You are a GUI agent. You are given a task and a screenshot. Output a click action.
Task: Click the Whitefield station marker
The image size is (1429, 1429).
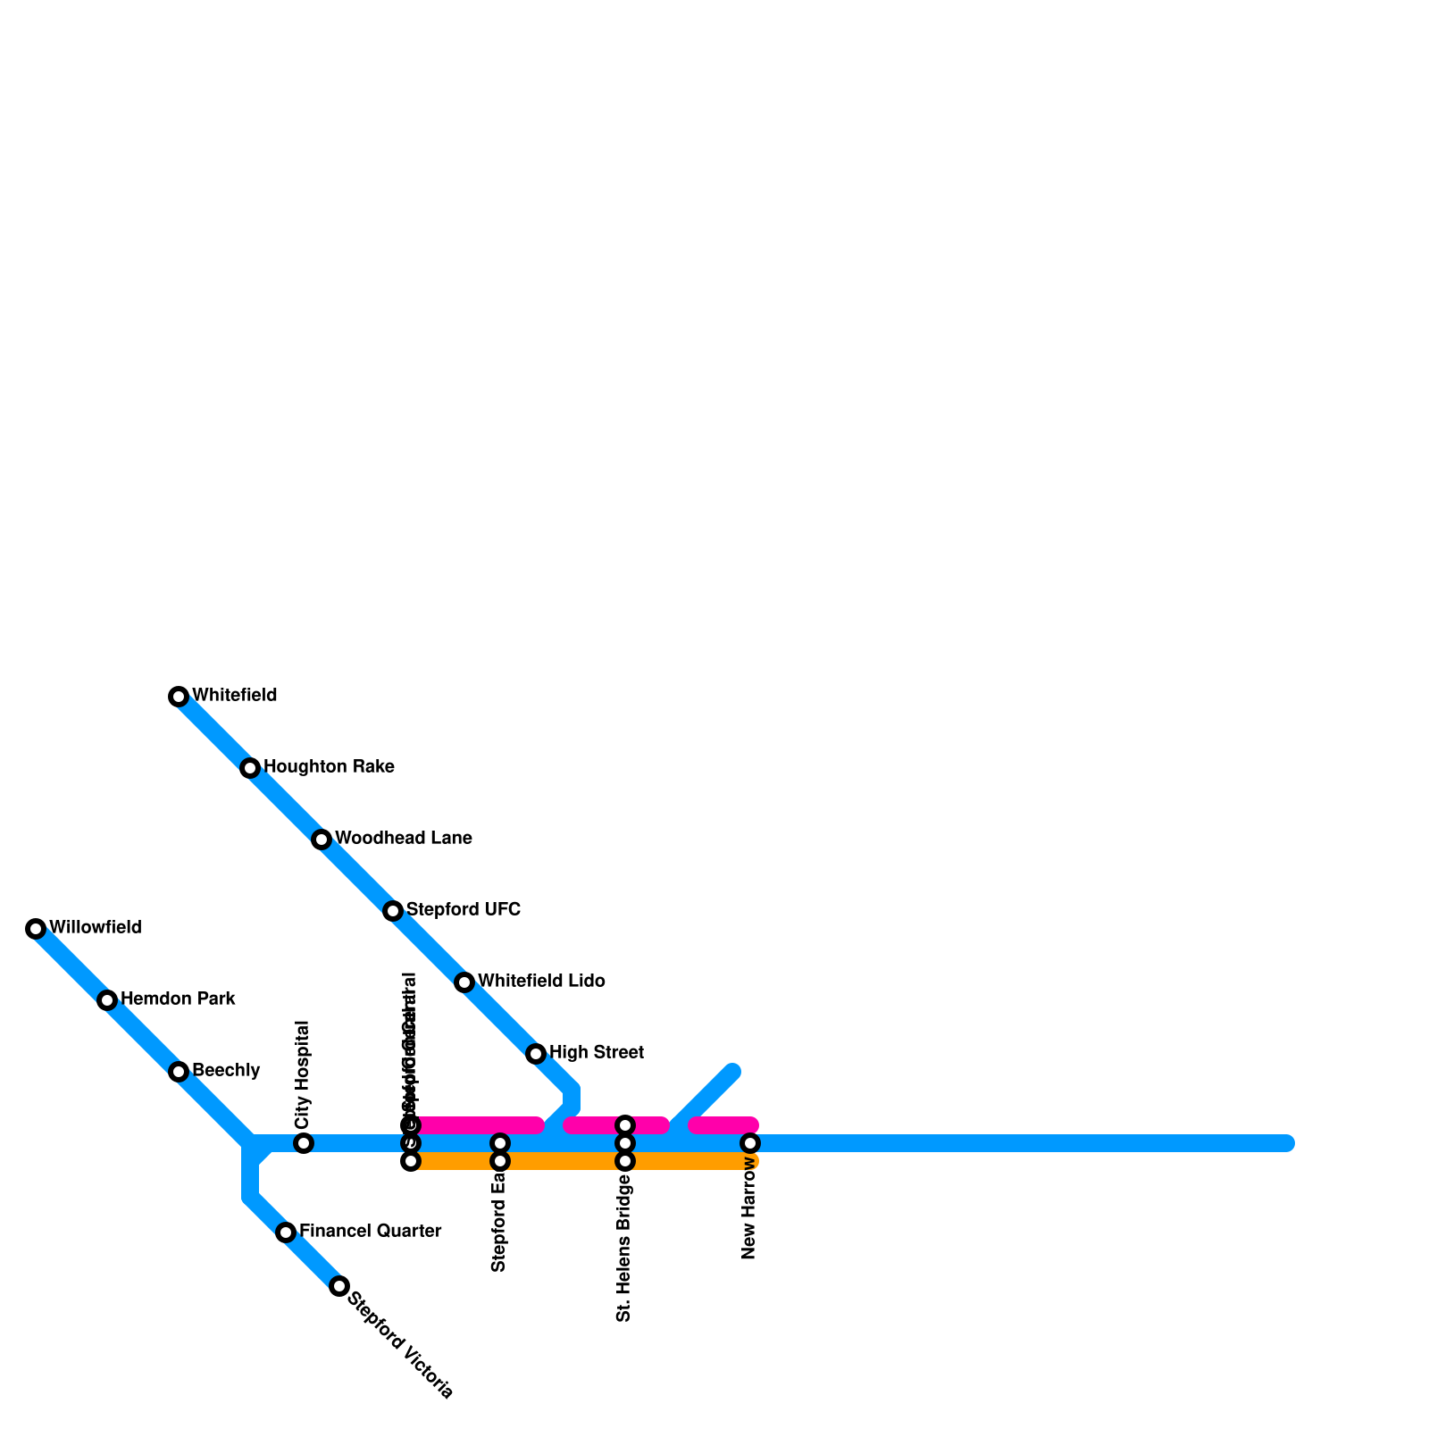[179, 697]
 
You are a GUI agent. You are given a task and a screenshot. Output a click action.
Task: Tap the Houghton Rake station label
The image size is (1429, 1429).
[329, 767]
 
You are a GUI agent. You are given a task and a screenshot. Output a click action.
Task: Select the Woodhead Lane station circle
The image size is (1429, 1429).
[322, 840]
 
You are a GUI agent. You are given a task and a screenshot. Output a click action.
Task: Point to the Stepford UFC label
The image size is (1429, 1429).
[463, 910]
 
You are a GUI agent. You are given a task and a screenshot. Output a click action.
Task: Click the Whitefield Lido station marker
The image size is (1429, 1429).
[464, 982]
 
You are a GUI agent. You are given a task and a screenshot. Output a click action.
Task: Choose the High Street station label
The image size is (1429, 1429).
[596, 1053]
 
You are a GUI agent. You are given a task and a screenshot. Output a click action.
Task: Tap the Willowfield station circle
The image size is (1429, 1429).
[36, 929]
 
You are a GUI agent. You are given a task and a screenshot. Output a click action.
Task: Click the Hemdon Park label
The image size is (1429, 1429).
[178, 999]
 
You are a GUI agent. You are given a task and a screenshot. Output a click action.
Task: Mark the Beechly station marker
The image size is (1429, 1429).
[179, 1072]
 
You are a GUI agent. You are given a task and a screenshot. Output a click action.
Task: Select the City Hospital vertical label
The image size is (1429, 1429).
[303, 1074]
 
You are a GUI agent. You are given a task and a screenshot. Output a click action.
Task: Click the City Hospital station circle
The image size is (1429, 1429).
[304, 1143]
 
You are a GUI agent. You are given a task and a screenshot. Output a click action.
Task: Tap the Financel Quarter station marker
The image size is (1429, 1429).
[286, 1233]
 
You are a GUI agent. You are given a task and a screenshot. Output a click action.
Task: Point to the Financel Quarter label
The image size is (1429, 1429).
[370, 1232]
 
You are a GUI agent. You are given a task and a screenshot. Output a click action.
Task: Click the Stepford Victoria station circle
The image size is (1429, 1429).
[339, 1286]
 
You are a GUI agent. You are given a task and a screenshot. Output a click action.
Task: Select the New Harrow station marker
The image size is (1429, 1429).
[750, 1143]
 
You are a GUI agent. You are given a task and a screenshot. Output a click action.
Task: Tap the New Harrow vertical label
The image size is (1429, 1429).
[749, 1210]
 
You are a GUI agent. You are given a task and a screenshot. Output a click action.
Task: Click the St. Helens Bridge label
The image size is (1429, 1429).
[624, 1248]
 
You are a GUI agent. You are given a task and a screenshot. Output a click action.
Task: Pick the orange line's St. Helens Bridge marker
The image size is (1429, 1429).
[625, 1161]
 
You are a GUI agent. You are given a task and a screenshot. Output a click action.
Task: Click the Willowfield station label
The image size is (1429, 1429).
[95, 928]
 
